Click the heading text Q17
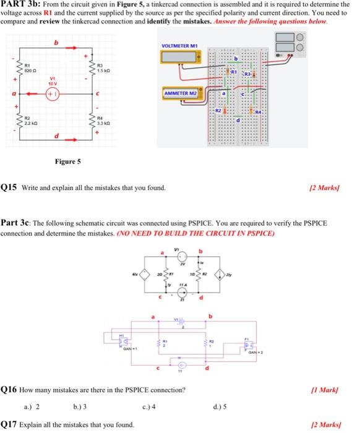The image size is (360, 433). [9, 424]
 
